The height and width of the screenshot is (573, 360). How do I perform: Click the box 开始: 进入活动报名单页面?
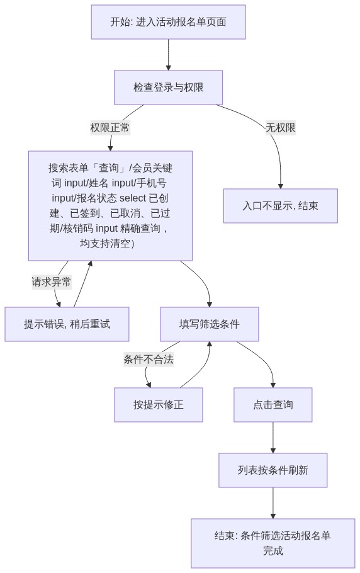(x=168, y=22)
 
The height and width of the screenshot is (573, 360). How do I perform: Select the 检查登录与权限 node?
(x=168, y=88)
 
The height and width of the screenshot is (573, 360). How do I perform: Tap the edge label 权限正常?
(x=110, y=128)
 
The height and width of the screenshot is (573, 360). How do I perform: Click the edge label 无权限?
(x=281, y=128)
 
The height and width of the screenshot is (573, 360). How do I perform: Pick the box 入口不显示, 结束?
(x=281, y=206)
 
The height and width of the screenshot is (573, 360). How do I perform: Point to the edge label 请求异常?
(x=51, y=281)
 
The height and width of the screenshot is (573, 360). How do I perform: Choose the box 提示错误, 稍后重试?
(x=67, y=324)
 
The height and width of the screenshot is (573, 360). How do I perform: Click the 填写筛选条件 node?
(x=210, y=324)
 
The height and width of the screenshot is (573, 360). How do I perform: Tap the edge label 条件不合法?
(x=149, y=359)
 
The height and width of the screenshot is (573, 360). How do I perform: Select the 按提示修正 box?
(x=159, y=405)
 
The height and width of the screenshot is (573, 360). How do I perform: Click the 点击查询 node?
(x=273, y=405)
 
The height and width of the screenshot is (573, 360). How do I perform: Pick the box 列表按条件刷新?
(x=273, y=470)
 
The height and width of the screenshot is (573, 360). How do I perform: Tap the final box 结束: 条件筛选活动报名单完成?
(x=273, y=543)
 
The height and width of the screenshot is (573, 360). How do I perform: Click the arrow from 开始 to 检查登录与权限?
(x=168, y=54)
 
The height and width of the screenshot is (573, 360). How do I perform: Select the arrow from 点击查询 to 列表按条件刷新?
(x=273, y=438)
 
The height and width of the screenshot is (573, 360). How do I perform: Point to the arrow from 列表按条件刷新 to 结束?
(x=273, y=503)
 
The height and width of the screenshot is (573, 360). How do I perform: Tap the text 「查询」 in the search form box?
(x=110, y=168)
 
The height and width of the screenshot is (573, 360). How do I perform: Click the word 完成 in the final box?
(x=273, y=551)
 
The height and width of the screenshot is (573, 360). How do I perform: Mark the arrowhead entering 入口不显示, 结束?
(x=281, y=186)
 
